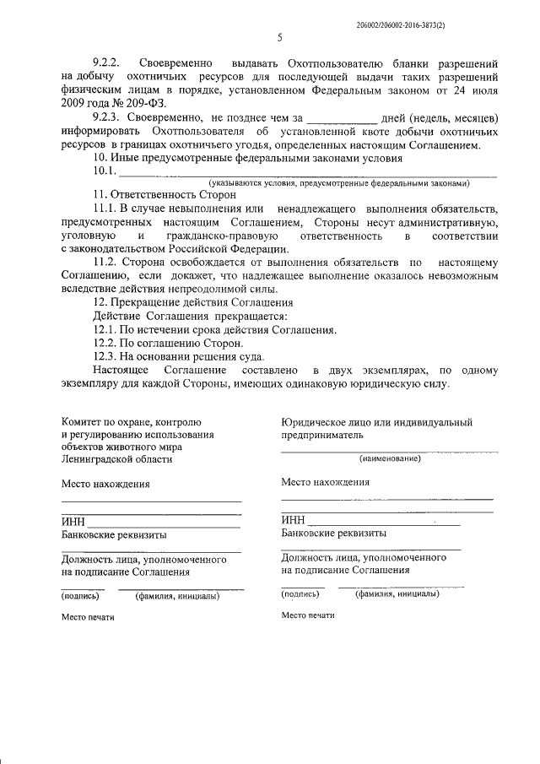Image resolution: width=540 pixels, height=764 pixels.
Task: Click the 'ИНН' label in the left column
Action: coord(73,522)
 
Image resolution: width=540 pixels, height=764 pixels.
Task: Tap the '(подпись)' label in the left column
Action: coord(80,596)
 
